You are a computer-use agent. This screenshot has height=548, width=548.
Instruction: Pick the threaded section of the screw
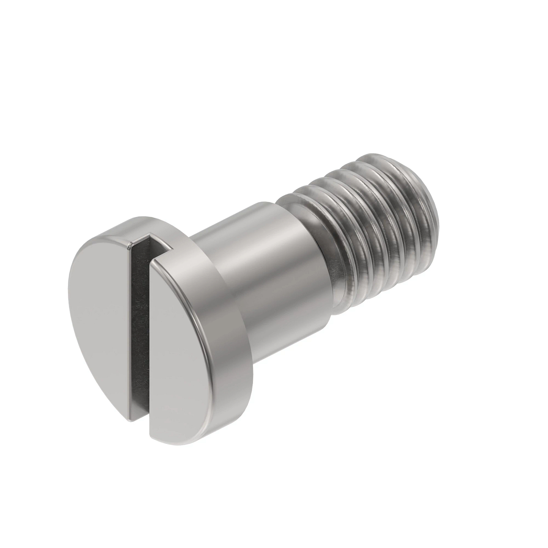(x=374, y=228)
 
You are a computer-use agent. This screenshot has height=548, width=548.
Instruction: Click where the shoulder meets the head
(x=215, y=256)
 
